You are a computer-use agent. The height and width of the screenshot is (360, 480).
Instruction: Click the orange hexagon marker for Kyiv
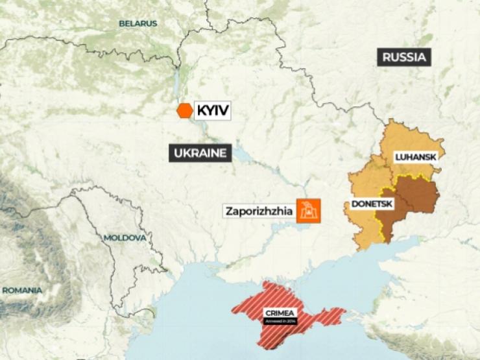click(185, 111)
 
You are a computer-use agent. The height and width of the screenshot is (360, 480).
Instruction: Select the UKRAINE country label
click(200, 153)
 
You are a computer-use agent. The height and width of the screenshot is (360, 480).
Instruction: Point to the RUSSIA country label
click(404, 57)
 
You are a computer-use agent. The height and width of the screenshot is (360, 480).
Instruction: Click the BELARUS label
click(138, 23)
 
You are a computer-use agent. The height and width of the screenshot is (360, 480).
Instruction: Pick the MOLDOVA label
click(125, 238)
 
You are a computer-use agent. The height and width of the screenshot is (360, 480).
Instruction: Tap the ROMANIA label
click(21, 290)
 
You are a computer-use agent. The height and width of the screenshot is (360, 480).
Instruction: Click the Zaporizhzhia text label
click(258, 211)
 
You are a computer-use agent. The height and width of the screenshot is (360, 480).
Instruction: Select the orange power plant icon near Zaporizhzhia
click(309, 210)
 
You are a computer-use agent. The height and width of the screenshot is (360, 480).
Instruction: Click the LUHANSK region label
click(415, 157)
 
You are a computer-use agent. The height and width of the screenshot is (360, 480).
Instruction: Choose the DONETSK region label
click(372, 204)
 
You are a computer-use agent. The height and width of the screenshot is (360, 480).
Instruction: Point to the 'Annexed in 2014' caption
click(281, 320)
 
